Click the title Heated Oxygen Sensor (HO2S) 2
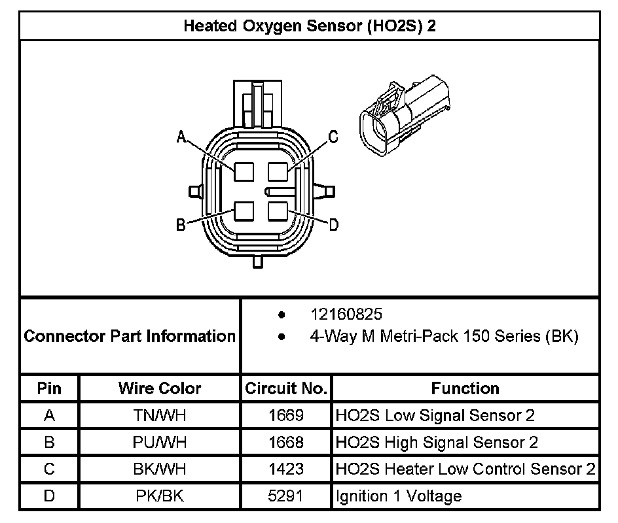pyautogui.click(x=309, y=26)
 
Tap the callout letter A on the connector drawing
pyautogui.click(x=182, y=137)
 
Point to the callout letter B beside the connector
pyautogui.click(x=181, y=225)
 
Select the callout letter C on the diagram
pyautogui.click(x=333, y=137)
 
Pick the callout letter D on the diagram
pyautogui.click(x=333, y=225)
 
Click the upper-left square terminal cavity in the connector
pyautogui.click(x=244, y=171)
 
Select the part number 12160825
pyautogui.click(x=346, y=314)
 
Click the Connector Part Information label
pyautogui.click(x=130, y=336)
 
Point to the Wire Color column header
pyautogui.click(x=160, y=388)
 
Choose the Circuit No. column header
pyautogui.click(x=286, y=388)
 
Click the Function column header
pyautogui.click(x=465, y=388)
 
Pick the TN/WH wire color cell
pyautogui.click(x=160, y=415)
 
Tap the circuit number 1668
pyautogui.click(x=286, y=443)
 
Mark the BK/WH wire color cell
pyautogui.click(x=160, y=469)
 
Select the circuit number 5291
pyautogui.click(x=286, y=496)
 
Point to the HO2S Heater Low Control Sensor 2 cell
pyautogui.click(x=465, y=469)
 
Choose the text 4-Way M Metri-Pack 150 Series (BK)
pyautogui.click(x=444, y=337)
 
